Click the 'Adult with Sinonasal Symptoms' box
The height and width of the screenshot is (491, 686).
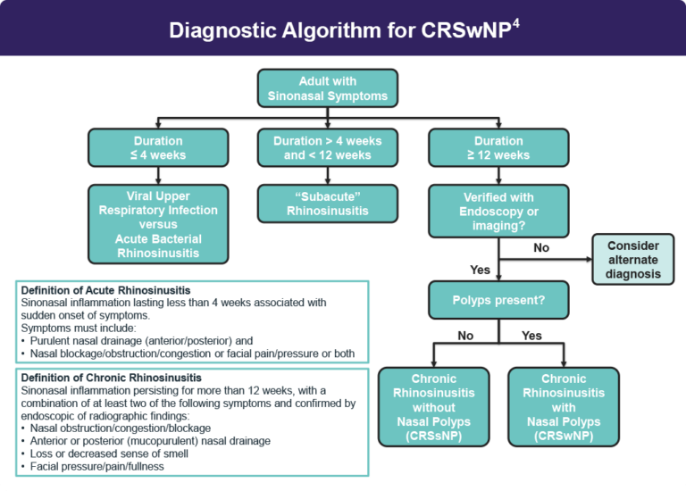click(x=327, y=88)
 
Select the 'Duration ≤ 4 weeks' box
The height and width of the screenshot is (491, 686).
click(x=158, y=148)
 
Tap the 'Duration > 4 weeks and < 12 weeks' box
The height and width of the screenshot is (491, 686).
click(x=327, y=148)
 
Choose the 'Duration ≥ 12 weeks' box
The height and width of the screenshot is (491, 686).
click(x=498, y=148)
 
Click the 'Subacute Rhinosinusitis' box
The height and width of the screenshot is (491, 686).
click(x=327, y=204)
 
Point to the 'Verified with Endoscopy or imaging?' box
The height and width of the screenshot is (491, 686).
click(x=498, y=211)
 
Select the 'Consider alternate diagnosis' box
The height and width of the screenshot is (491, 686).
click(x=632, y=260)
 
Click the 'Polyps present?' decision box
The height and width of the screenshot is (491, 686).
click(x=498, y=300)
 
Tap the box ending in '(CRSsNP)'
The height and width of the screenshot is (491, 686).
click(x=433, y=407)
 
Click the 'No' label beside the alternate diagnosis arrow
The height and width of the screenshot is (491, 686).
click(x=541, y=247)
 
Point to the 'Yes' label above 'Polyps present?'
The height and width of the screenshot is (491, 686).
click(x=480, y=269)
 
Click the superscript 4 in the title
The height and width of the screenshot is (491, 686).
click(x=515, y=22)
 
